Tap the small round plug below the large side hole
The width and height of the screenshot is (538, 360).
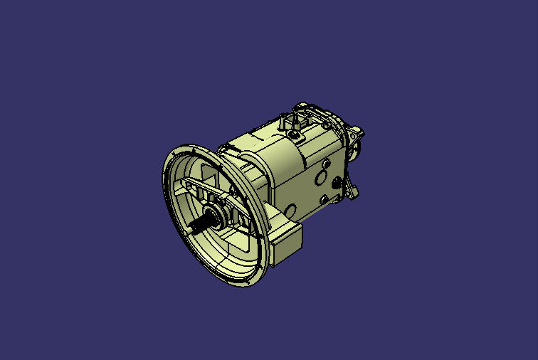324,200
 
